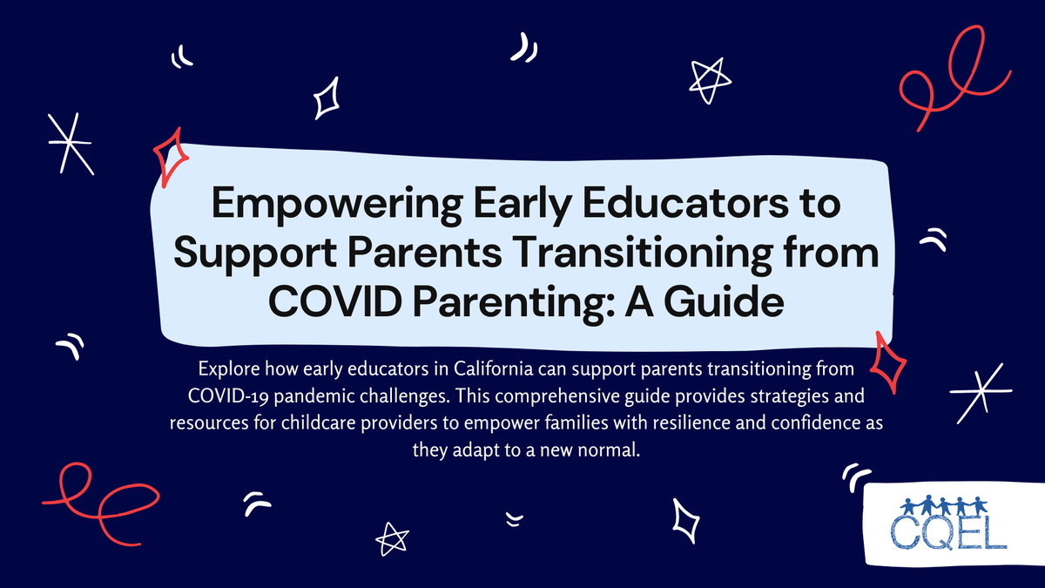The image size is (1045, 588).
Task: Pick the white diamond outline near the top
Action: coord(327,98)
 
